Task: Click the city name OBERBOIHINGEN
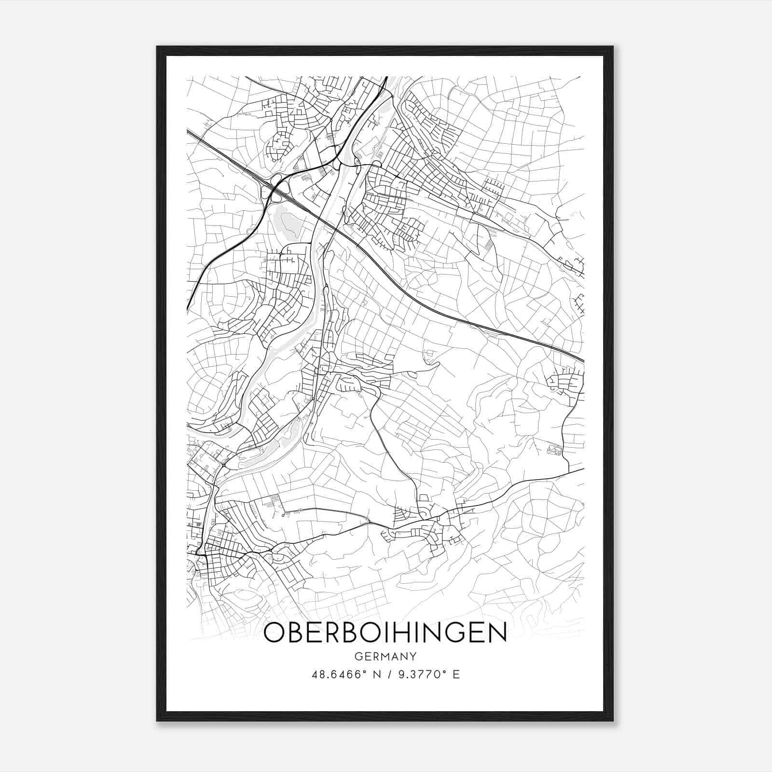coord(385,633)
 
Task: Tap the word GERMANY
coord(385,656)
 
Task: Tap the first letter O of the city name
coord(274,633)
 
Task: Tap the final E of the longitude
coord(456,675)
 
